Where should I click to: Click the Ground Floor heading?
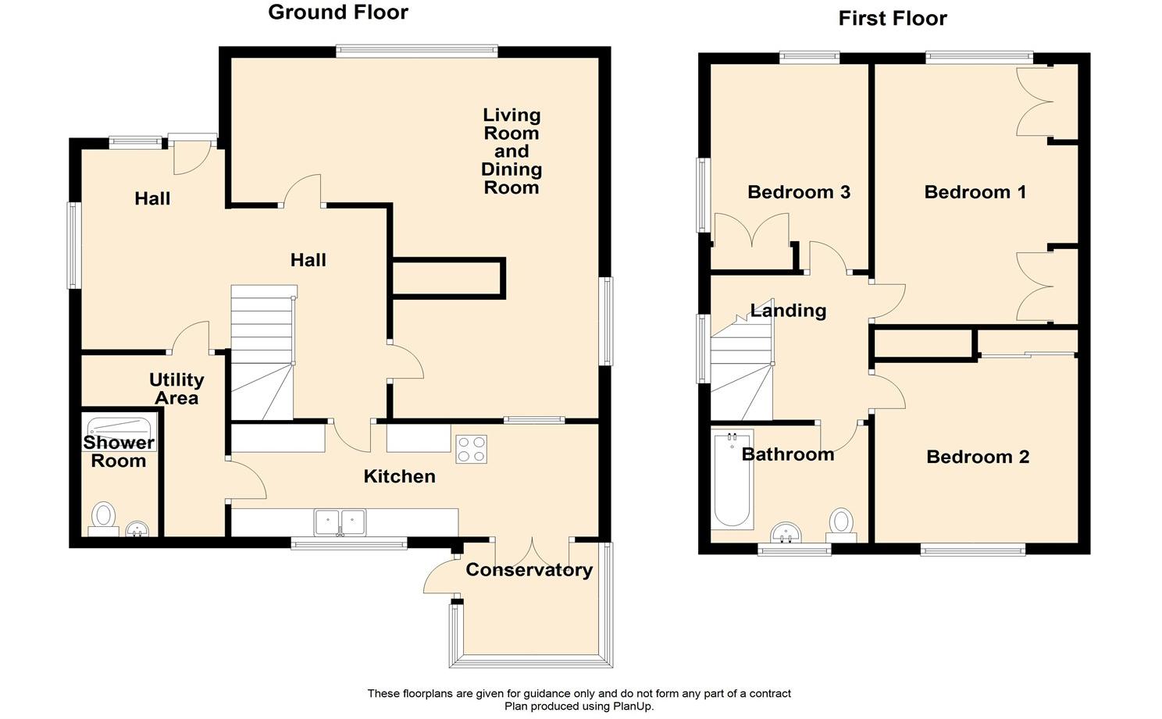coord(338,12)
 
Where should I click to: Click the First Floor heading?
coord(893,19)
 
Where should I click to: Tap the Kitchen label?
coord(400,476)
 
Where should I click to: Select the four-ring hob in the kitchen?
coord(472,449)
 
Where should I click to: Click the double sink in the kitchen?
coord(340,522)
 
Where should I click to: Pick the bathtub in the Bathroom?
coord(732,479)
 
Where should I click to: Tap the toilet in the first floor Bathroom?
coord(841,525)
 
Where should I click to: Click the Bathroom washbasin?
coord(786,532)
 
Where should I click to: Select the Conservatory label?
coord(529,570)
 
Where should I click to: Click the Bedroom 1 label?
coord(975,192)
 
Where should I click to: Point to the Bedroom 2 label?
coord(978,457)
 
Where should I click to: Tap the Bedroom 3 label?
coord(799,192)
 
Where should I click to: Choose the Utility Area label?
coord(176,389)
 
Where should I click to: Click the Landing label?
coord(789,310)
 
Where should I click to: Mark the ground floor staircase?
coord(262,352)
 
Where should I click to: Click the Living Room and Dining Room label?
coord(511,151)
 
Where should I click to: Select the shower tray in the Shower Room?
coord(119,425)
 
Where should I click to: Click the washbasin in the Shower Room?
coord(137,529)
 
